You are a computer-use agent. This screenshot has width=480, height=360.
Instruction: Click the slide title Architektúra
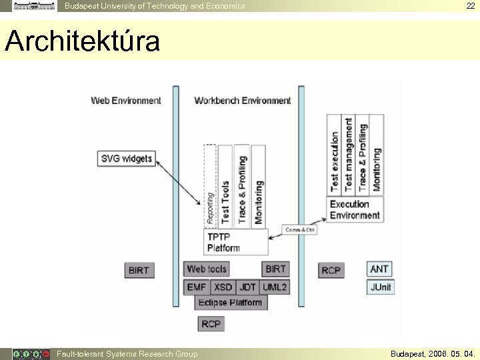tap(83, 41)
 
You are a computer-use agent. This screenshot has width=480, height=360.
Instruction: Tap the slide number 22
tap(471, 6)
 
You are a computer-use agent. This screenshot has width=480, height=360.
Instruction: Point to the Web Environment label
tap(126, 101)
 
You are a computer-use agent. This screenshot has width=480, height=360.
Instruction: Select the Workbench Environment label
tap(243, 101)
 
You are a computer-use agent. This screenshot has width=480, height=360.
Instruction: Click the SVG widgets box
tap(127, 159)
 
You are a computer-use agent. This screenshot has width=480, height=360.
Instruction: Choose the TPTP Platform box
tap(235, 242)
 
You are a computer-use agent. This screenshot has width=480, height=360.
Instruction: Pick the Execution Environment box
tap(355, 209)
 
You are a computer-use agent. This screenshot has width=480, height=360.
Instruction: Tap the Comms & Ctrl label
tap(300, 229)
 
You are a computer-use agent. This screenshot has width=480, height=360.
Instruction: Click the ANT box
tap(379, 269)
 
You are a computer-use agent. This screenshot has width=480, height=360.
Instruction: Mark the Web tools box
tap(207, 269)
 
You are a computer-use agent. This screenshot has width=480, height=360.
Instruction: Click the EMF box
tap(197, 287)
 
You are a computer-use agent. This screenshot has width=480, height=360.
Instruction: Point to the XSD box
tap(223, 287)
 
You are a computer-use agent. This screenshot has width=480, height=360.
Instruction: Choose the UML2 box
tap(275, 287)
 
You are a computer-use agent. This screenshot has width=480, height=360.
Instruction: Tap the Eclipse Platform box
tap(230, 303)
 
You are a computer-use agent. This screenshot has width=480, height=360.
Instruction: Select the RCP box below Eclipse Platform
tap(211, 323)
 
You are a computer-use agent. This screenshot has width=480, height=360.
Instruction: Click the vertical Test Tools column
tap(225, 187)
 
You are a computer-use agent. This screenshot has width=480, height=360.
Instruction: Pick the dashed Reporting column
tap(210, 187)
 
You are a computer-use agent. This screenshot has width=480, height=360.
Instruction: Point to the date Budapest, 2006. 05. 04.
tap(433, 354)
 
